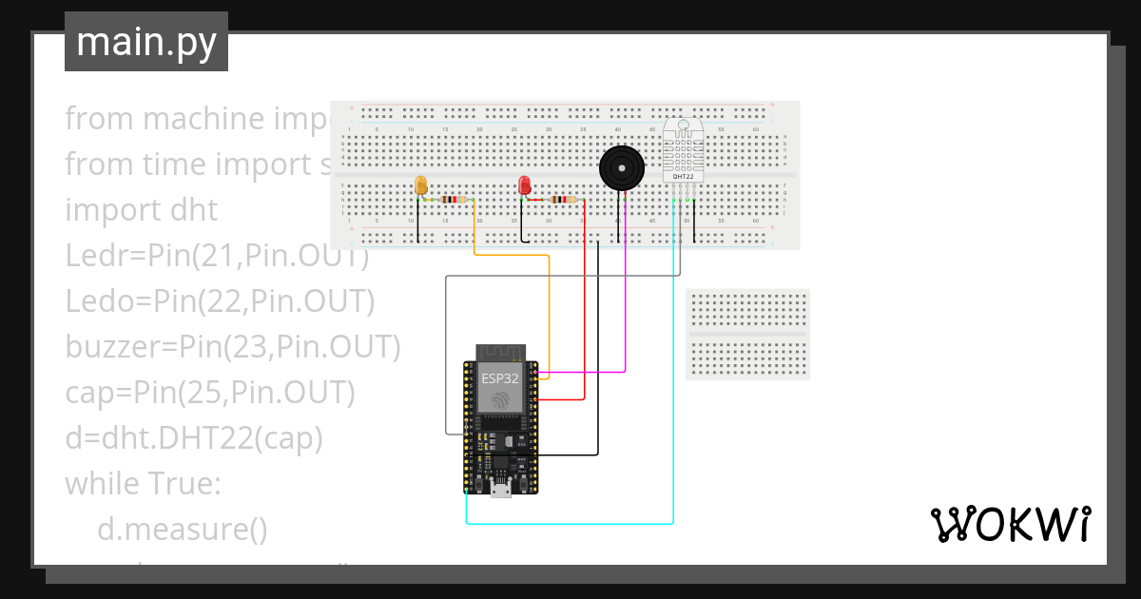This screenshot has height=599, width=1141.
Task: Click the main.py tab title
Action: [x=145, y=42]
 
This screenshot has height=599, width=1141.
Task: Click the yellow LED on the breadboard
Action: [x=422, y=184]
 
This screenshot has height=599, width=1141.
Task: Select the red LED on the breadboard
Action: [x=524, y=184]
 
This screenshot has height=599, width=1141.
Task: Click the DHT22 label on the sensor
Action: [x=683, y=177]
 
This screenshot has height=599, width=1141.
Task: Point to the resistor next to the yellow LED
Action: [x=455, y=200]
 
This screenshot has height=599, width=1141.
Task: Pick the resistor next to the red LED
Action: [x=563, y=200]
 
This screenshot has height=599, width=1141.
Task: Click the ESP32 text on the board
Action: [x=500, y=377]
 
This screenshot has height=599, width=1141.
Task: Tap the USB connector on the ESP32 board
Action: [x=500, y=489]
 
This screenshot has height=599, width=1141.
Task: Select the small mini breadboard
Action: [x=747, y=334]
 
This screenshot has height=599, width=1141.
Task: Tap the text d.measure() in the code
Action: [x=183, y=530]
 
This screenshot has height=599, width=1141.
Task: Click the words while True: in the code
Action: [x=143, y=484]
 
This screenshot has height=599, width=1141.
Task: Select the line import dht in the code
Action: [x=141, y=210]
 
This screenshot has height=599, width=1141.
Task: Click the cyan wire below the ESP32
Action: [x=570, y=523]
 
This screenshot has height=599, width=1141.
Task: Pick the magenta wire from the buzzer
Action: [x=625, y=304]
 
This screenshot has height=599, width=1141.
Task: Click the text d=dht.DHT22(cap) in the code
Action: [x=194, y=438]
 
